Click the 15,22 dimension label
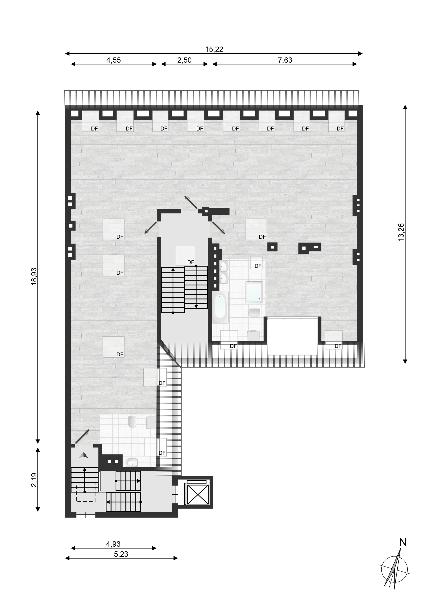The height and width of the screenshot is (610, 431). click(x=214, y=49)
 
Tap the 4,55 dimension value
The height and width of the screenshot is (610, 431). click(x=113, y=60)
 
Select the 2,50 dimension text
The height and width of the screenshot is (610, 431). click(x=184, y=60)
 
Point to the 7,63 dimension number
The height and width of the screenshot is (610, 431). click(x=285, y=60)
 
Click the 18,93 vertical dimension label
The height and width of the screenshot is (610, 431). click(x=34, y=276)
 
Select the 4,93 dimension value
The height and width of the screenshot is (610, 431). click(x=113, y=544)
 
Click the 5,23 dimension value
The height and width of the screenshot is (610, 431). click(x=121, y=554)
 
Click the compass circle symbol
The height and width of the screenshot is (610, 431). click(x=394, y=569)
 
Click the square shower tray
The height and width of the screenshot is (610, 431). click(x=254, y=292)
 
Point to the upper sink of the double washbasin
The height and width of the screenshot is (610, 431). click(x=224, y=265)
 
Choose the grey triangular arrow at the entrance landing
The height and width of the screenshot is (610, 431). click(x=83, y=455)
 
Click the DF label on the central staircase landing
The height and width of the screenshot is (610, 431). click(x=191, y=262)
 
